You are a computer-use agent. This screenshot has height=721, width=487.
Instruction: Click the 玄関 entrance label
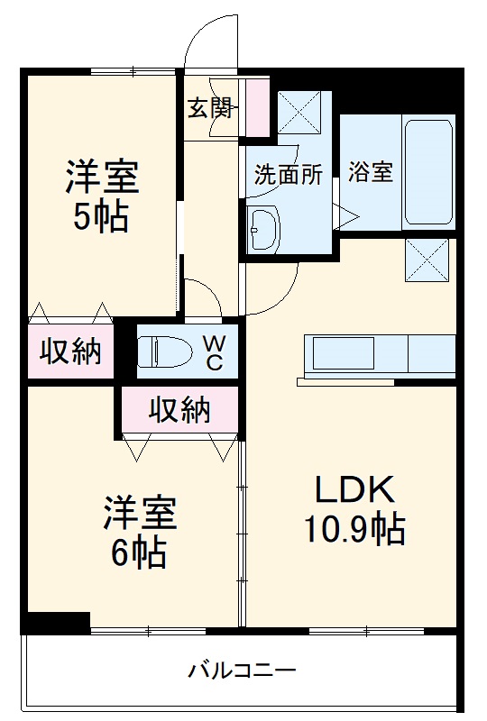209,108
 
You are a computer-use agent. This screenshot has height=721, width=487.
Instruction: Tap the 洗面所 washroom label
287,174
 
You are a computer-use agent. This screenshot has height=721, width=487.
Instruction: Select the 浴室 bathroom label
371,172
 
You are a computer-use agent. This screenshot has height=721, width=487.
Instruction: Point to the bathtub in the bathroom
427,171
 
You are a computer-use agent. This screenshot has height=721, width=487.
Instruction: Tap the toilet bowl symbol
168,350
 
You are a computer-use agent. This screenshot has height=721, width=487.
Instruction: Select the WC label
214,351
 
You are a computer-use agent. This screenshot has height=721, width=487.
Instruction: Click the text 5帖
100,217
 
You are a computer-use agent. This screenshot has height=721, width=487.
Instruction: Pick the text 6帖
138,552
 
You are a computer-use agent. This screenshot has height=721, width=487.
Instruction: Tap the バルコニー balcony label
242,671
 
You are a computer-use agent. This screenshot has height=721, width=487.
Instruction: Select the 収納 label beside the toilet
69,351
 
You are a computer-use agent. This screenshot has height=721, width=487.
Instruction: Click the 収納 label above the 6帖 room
179,410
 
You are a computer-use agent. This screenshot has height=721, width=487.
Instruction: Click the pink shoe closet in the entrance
256,108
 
